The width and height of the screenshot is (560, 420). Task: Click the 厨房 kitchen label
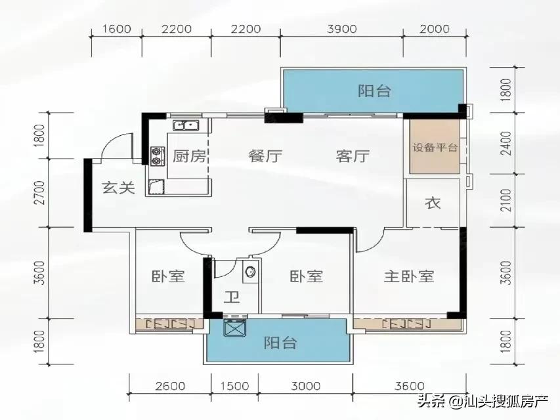(x=190, y=157)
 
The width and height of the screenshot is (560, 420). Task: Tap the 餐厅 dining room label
(x=265, y=157)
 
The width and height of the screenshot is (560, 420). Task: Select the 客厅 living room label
(x=353, y=157)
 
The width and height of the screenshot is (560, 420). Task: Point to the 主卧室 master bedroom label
(x=409, y=276)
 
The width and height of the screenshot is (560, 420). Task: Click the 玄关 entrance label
(x=118, y=188)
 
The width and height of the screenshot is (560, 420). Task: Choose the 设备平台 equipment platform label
(x=435, y=148)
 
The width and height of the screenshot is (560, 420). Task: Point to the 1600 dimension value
(x=118, y=29)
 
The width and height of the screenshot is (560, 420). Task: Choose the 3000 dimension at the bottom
(x=305, y=386)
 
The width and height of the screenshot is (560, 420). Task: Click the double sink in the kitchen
(x=186, y=125)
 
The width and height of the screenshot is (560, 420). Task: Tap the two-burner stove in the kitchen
(x=157, y=154)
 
